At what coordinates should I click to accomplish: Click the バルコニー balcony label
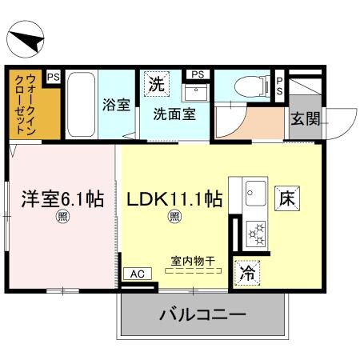201,314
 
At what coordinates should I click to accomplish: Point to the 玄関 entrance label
304,120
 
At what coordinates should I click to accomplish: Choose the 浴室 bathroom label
116,105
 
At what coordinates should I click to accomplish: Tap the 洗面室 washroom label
170,113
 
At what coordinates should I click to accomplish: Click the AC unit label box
136,274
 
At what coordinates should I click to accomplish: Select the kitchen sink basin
256,194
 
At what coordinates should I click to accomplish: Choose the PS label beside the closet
54,77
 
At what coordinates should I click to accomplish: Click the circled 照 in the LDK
173,216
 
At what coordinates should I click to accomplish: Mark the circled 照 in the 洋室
61,216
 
